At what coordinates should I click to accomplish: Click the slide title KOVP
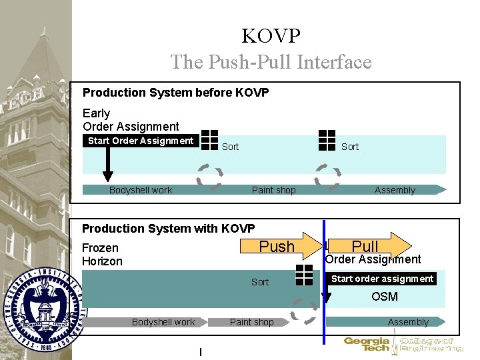point(271,35)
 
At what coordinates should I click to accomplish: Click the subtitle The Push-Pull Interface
point(271,62)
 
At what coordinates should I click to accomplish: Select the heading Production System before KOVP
point(175,93)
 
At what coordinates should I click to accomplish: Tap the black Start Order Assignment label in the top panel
point(141,141)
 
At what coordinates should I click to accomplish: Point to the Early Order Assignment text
point(131,120)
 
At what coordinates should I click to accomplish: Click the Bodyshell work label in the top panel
point(141,190)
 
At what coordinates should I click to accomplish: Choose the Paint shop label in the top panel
point(273,190)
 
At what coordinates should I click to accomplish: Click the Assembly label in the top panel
point(395,190)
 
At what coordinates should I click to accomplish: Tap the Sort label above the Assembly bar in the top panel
point(349,147)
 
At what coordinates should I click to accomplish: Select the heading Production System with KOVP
point(168,229)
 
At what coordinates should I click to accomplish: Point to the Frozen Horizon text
point(102,255)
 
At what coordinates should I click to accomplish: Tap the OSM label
point(385,297)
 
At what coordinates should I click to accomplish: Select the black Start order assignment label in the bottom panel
point(382,279)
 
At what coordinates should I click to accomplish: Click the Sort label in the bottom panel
point(260,282)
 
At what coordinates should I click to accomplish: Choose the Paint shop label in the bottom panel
point(251,322)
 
